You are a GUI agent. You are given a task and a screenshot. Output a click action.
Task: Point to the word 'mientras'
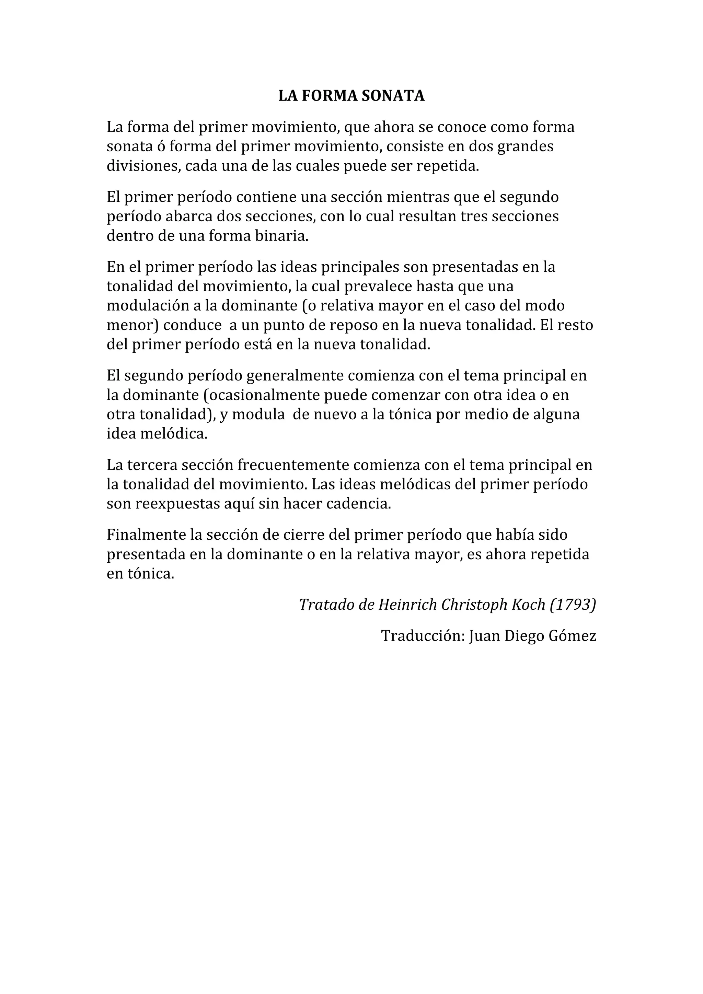[x=417, y=197]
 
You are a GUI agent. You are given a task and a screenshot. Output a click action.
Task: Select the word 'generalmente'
[x=295, y=375]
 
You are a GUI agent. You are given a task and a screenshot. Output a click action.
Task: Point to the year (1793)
[x=573, y=604]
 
